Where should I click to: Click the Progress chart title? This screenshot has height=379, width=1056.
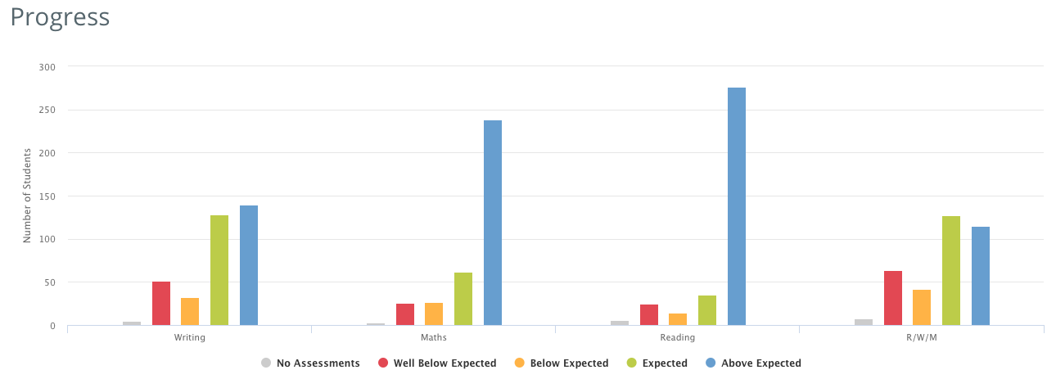60,17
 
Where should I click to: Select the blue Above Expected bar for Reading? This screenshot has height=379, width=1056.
737,206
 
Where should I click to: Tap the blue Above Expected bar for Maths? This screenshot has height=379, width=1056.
493,223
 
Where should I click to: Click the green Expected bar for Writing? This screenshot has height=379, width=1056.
219,270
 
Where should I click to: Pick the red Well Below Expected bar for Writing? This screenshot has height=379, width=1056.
161,304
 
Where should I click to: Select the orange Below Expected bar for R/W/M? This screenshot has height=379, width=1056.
922,308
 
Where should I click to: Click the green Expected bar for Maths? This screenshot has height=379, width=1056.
463,299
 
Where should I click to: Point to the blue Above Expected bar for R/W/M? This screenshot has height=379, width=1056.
981,276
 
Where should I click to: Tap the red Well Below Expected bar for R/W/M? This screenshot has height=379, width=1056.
893,298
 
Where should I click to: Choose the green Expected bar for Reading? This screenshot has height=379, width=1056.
707,310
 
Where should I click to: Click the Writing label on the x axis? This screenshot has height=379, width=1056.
190,337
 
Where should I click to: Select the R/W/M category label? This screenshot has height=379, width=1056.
922,337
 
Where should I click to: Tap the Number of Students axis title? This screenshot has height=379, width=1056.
27,196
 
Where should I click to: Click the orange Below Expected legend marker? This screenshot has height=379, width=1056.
520,363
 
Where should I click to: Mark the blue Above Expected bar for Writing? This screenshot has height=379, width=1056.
249,265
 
